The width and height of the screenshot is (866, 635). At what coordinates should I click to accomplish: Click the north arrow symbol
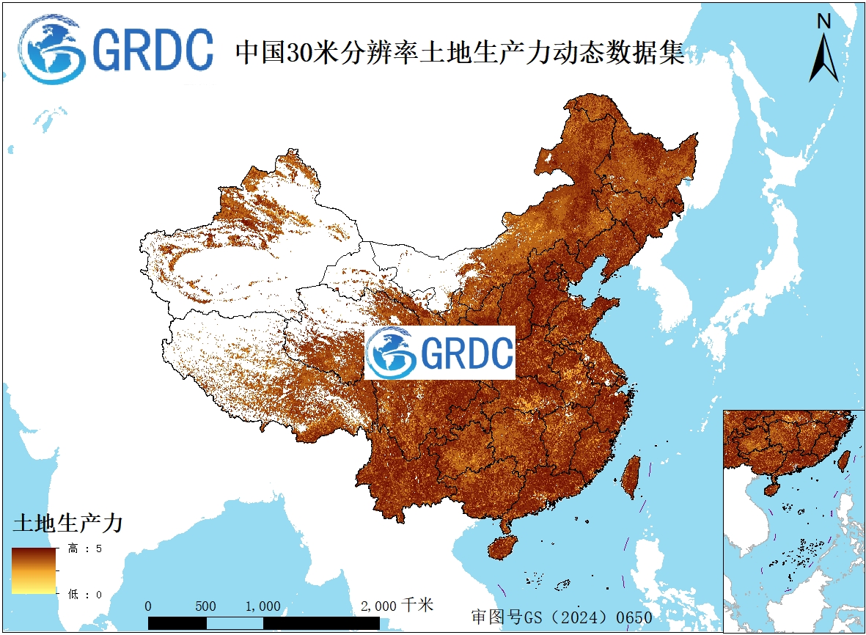click(x=824, y=59)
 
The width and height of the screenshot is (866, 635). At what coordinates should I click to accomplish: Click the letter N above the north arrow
click(x=824, y=21)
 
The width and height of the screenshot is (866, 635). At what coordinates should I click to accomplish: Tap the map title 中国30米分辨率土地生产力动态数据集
click(x=459, y=53)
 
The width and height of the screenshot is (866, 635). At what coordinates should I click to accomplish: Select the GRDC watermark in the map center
click(x=440, y=353)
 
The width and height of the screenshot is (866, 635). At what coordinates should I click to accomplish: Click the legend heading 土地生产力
click(x=67, y=524)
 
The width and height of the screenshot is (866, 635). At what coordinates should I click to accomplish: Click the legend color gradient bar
click(x=34, y=570)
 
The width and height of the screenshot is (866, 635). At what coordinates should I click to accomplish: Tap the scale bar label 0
click(x=148, y=606)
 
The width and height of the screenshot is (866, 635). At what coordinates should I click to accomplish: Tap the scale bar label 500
click(x=205, y=606)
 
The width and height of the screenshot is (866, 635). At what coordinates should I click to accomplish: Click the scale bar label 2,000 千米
click(x=397, y=606)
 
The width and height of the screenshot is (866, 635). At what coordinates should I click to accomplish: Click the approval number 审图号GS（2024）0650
click(x=561, y=617)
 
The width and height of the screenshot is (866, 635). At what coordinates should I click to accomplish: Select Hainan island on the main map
click(x=502, y=547)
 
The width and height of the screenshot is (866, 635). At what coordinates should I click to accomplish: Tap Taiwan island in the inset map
click(x=844, y=460)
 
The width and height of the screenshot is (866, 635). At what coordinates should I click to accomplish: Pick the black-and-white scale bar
click(x=263, y=623)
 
